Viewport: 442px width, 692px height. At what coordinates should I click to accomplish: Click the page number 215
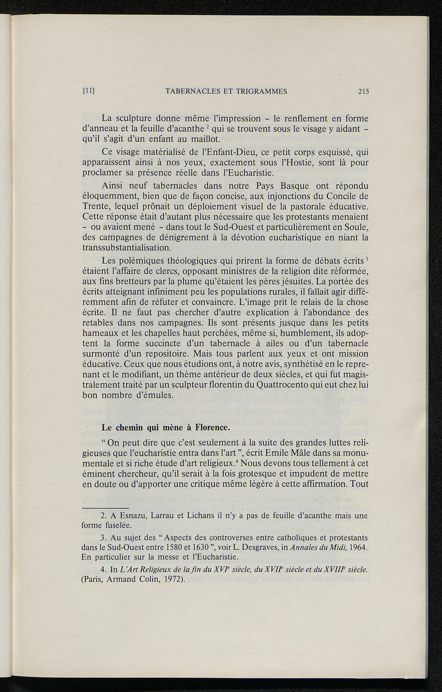tap(363, 91)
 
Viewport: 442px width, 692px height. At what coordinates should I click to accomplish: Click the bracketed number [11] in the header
tap(88, 91)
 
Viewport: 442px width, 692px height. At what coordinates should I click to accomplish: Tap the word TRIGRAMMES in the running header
tap(263, 91)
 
